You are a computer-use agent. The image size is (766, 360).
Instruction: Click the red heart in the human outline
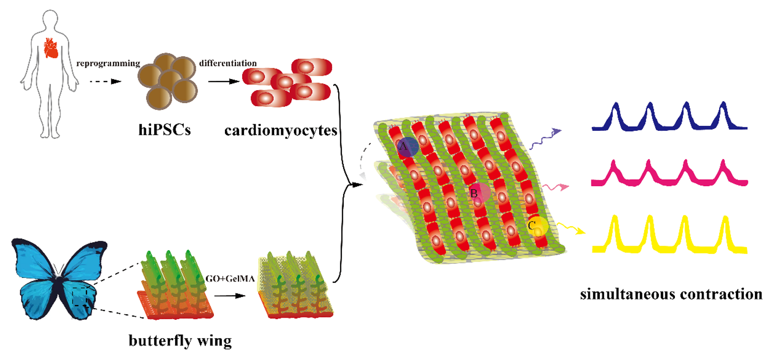[50, 49]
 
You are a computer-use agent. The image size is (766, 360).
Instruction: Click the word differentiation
[228, 64]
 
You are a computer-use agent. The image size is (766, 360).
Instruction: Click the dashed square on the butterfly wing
[81, 297]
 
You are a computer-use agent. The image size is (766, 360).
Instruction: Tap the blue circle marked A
[407, 146]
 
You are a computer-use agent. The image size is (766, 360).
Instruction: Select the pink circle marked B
[479, 192]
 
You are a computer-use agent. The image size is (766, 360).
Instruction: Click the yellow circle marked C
[538, 226]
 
